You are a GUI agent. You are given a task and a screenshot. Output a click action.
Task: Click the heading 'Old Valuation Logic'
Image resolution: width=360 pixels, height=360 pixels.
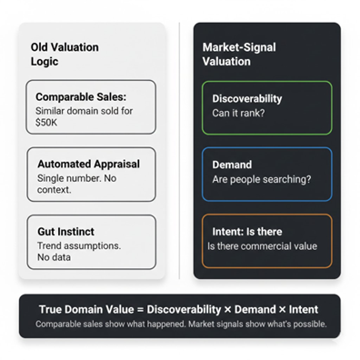64,54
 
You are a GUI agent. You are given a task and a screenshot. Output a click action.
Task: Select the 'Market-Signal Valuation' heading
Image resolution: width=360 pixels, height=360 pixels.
239,54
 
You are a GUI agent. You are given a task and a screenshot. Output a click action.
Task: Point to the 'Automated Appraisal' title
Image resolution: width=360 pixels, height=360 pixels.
88,164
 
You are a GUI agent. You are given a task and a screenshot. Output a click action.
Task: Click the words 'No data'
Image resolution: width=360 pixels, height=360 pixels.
54,257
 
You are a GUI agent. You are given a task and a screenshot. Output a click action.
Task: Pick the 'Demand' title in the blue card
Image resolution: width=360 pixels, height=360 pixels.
233,165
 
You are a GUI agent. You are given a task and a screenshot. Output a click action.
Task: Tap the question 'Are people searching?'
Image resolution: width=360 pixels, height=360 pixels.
261,179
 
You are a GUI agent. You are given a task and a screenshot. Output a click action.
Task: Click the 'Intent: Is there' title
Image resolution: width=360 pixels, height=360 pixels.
247,231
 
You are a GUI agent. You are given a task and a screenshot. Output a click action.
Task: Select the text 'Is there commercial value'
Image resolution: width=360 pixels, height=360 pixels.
262,246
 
